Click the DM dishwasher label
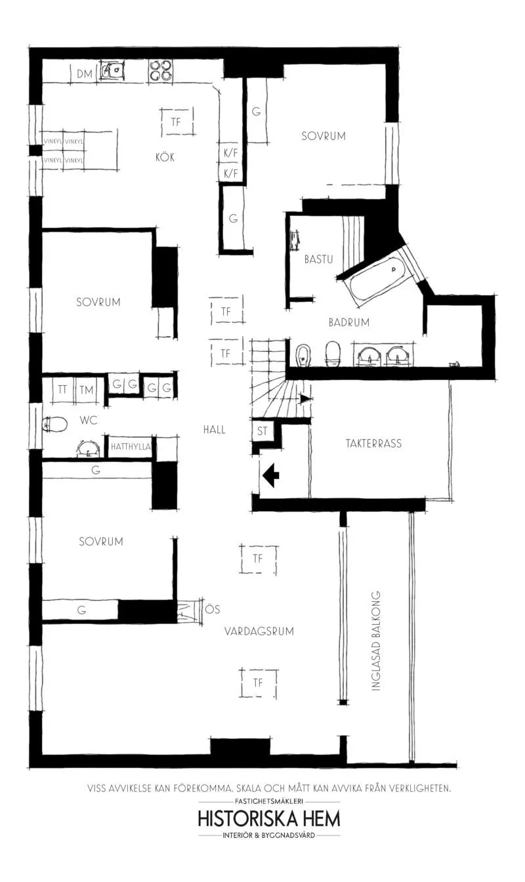coord(84,73)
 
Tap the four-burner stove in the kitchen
coord(160,71)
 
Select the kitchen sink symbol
coord(112,70)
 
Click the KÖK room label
coord(165,157)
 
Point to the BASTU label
coord(319,259)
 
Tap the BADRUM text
coord(349,322)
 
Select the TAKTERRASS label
coord(374,444)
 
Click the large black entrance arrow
coord(271,475)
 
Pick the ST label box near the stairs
coord(262,430)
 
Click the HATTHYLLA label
coord(131,446)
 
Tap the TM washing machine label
coord(87,390)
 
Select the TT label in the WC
coord(62,389)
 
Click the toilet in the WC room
coord(54,425)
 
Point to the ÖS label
coord(213,609)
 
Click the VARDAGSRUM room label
coord(259,631)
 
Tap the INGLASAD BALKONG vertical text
coord(376,640)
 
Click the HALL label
coord(214,429)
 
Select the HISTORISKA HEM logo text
coord(269,818)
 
